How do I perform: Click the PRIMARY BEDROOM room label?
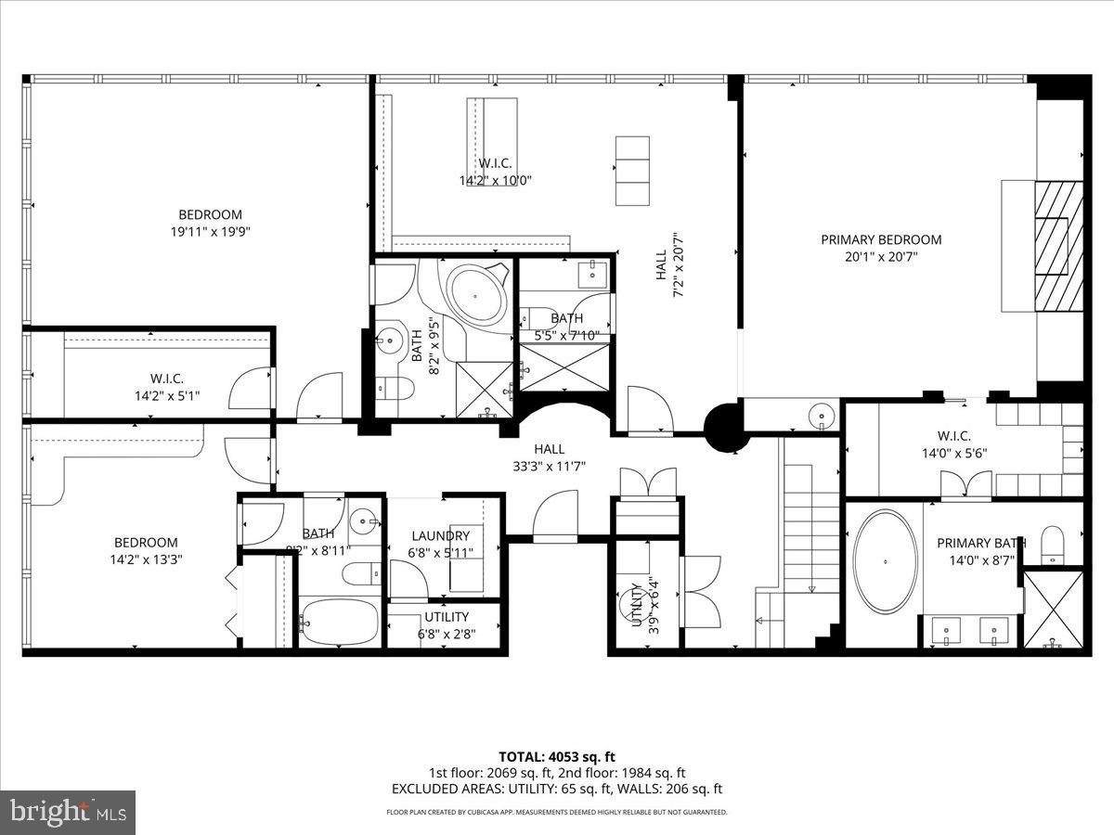(880, 239)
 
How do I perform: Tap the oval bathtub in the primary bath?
(886, 561)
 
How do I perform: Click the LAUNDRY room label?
(441, 536)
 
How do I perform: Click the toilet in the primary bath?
(1052, 545)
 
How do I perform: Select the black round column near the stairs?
(725, 426)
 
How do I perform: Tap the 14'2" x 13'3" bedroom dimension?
(146, 559)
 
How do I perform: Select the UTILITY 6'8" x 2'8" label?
(447, 624)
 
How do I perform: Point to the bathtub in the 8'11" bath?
(338, 621)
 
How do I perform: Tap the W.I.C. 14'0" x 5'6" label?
(953, 444)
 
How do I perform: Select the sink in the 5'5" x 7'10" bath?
(593, 275)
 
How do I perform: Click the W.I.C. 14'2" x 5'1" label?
(166, 387)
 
